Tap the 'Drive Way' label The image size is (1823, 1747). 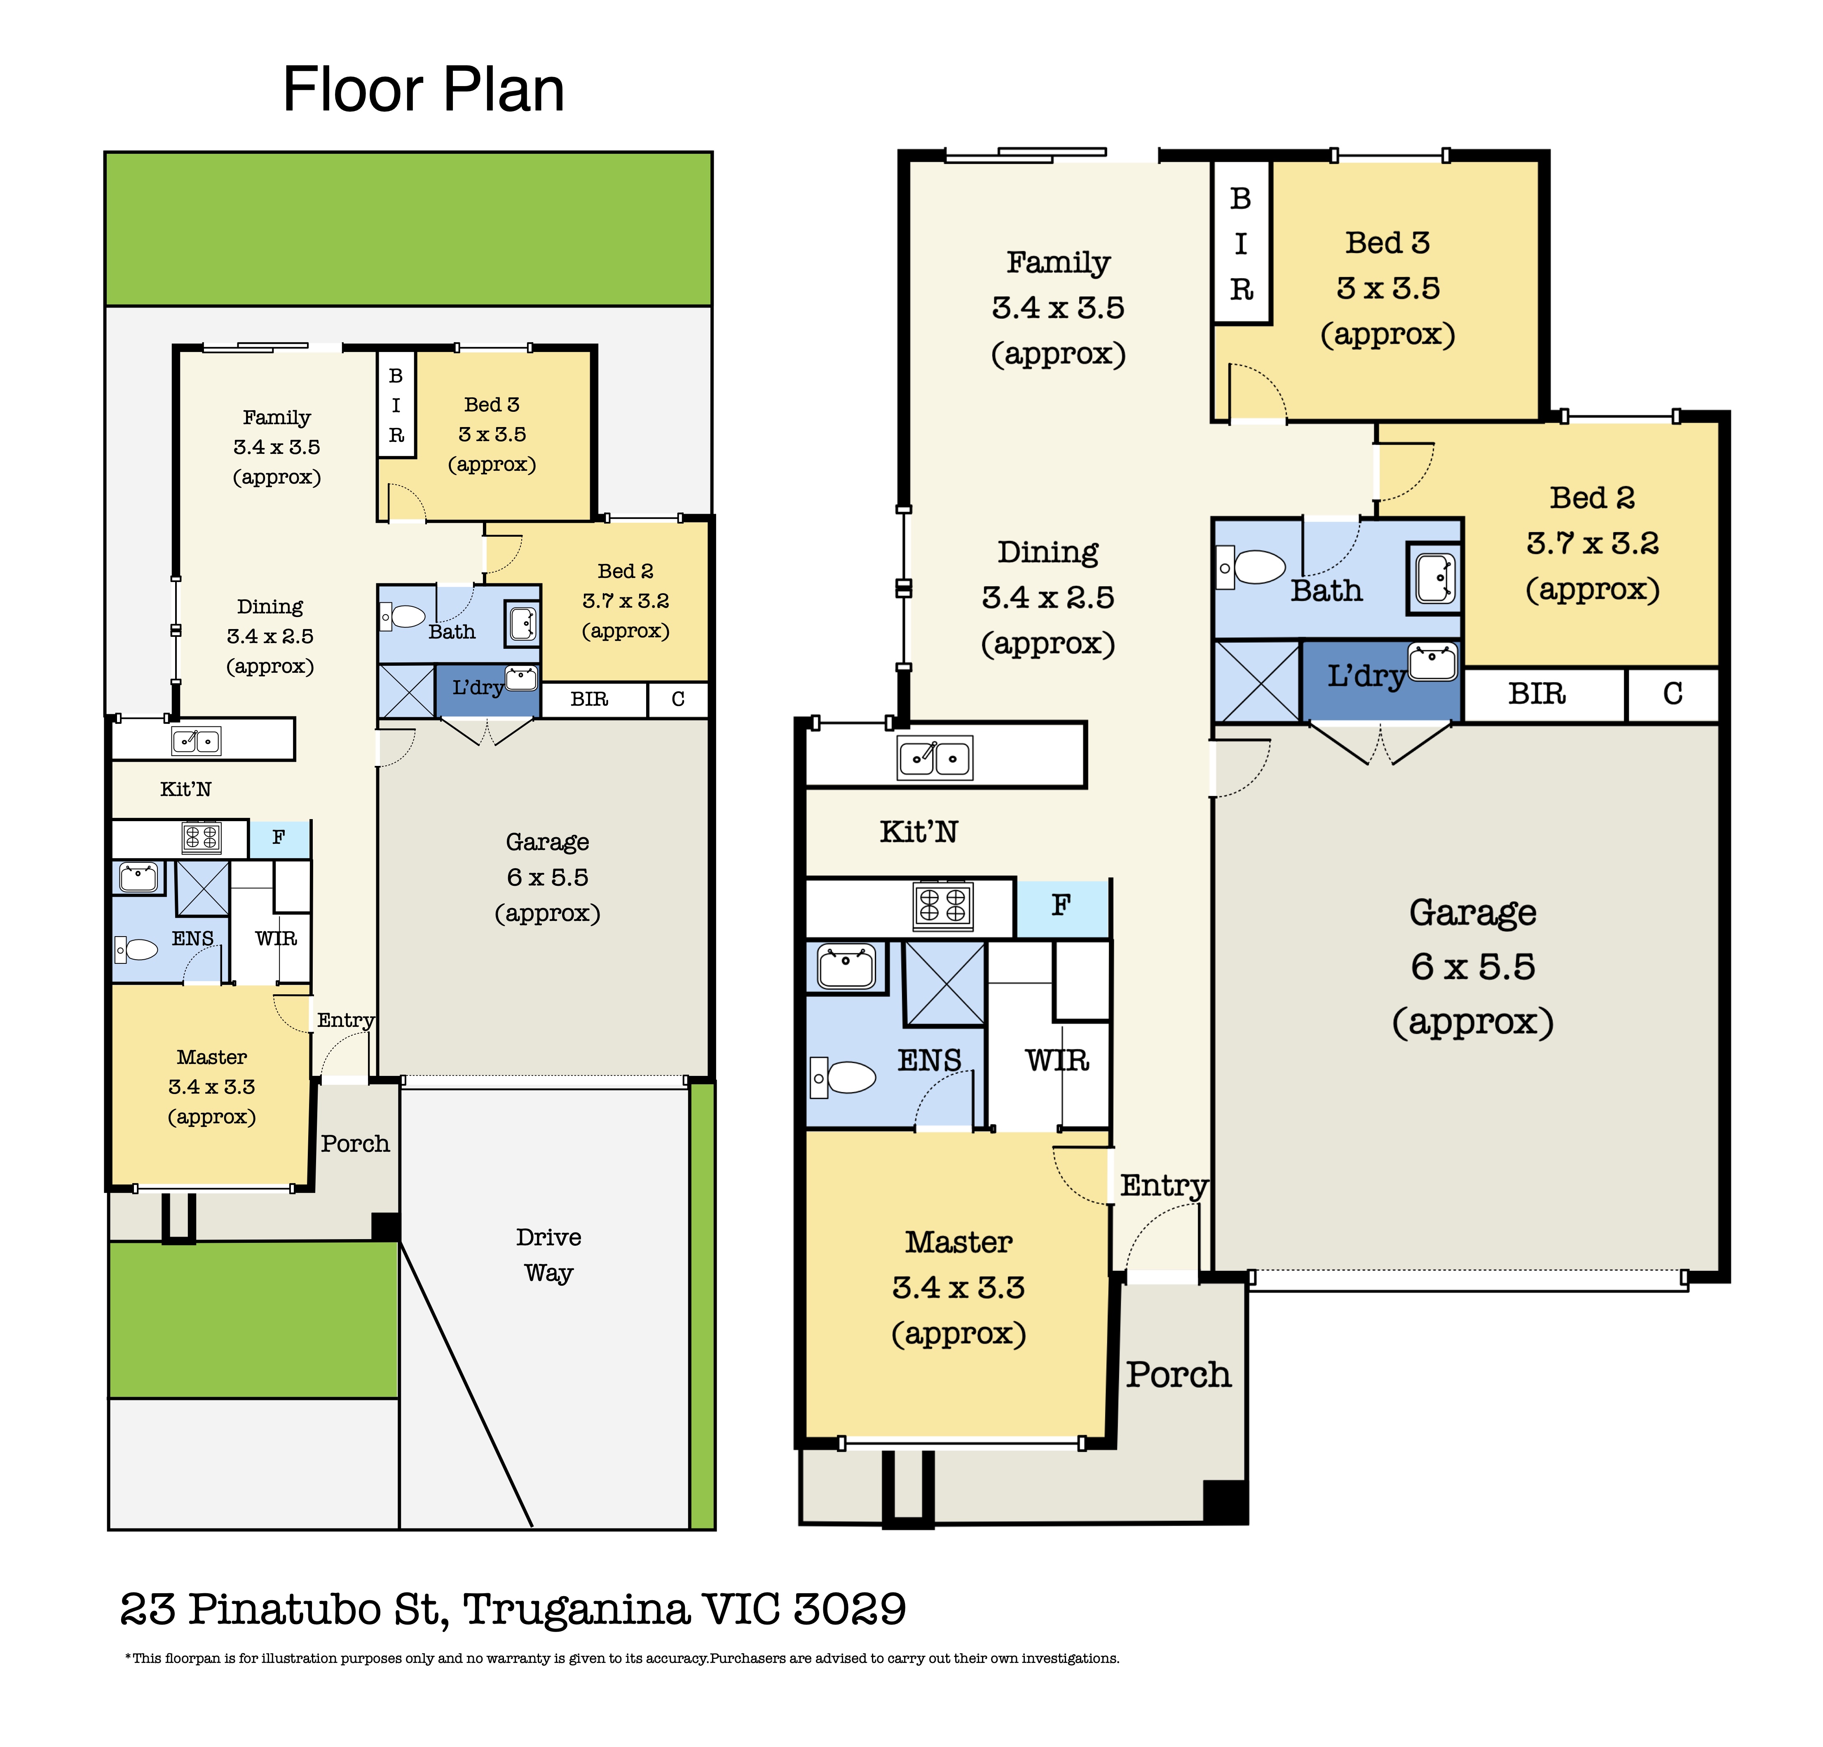point(549,1255)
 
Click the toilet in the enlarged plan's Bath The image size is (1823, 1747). point(1251,566)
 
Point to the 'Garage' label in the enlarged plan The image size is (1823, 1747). point(1472,913)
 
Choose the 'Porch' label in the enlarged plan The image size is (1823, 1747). point(1179,1375)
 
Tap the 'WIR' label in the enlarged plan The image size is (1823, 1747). point(1057,1061)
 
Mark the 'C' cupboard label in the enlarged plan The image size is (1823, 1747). point(1672,694)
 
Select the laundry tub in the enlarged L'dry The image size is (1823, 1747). point(1432,662)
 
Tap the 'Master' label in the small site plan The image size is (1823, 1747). point(212,1058)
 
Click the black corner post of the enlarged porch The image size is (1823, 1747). point(1225,1500)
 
